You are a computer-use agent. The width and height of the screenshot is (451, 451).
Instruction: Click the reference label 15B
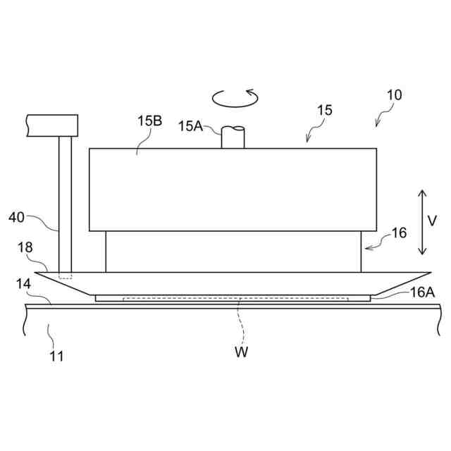[x=149, y=121]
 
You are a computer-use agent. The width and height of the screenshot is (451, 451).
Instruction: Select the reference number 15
[x=325, y=111]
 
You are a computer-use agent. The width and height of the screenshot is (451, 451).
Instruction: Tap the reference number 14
[x=24, y=284]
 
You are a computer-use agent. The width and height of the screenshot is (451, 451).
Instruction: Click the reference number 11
[x=56, y=356]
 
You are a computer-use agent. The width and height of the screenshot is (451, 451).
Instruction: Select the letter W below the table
[x=242, y=352]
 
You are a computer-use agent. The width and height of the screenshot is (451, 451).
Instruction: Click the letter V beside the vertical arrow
[x=433, y=221]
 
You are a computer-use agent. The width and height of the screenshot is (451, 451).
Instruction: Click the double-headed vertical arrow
[x=421, y=222]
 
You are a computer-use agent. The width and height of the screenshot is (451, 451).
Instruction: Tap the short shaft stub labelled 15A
[x=233, y=137]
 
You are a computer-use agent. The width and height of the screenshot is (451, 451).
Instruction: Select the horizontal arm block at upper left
[x=51, y=125]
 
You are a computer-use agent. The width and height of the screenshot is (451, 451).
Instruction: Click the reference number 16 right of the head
[x=399, y=233]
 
